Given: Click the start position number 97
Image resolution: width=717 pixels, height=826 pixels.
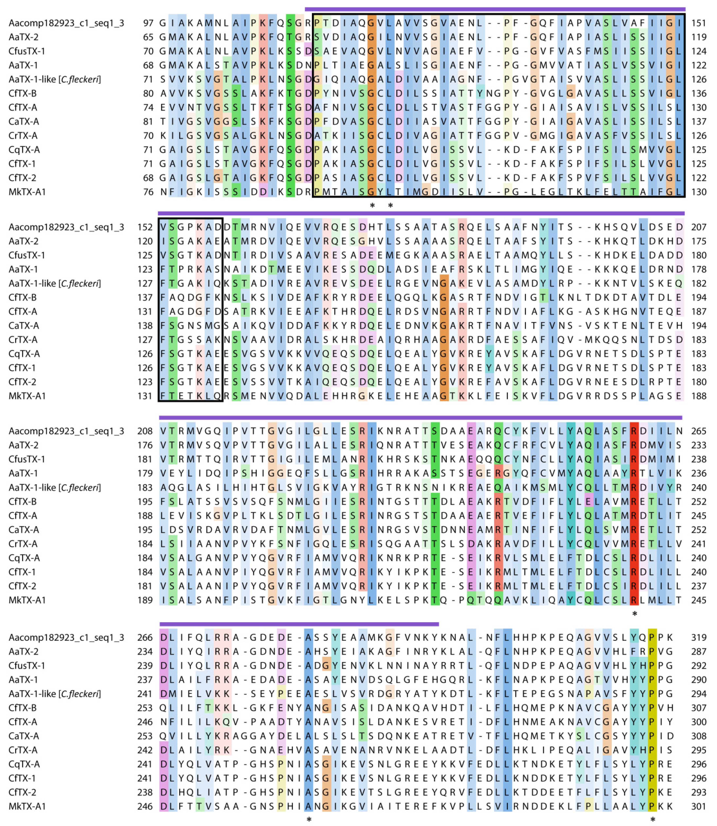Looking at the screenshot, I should point(148,23).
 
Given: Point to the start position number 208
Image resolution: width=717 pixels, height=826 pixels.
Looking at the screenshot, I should point(145,431).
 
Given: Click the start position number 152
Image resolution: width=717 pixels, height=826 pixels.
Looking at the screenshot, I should point(145,227).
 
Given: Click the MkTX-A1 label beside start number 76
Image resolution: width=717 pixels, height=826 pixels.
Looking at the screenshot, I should point(27,192).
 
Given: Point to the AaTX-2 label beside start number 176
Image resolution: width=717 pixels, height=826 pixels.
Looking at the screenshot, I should point(24,445).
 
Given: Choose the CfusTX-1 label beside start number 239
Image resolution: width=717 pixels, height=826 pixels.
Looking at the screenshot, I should point(27,666).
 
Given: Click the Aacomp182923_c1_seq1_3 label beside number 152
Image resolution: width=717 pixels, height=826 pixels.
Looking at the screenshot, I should point(66,227).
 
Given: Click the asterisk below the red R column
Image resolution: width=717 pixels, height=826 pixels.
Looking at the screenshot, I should point(634,614).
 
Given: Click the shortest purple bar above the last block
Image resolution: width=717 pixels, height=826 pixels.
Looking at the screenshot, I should point(299,624).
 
